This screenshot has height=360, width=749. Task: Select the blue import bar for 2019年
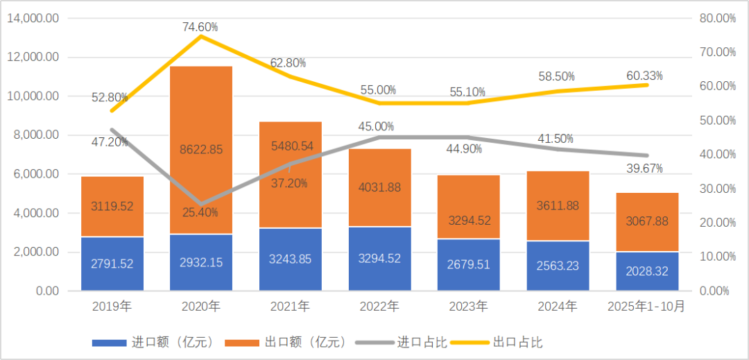[x=112, y=264]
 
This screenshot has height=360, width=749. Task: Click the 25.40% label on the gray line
[x=201, y=212]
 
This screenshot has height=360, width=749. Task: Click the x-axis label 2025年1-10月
[x=647, y=306]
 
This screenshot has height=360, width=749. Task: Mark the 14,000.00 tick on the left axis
[x=33, y=19]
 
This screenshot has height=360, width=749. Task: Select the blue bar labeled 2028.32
[x=647, y=271]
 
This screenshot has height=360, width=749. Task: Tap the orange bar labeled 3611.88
[x=558, y=205]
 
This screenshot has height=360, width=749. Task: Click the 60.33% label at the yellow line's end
[x=644, y=75]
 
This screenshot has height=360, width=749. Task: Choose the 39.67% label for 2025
[x=644, y=168]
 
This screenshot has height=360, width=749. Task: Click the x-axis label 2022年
[x=379, y=306]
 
